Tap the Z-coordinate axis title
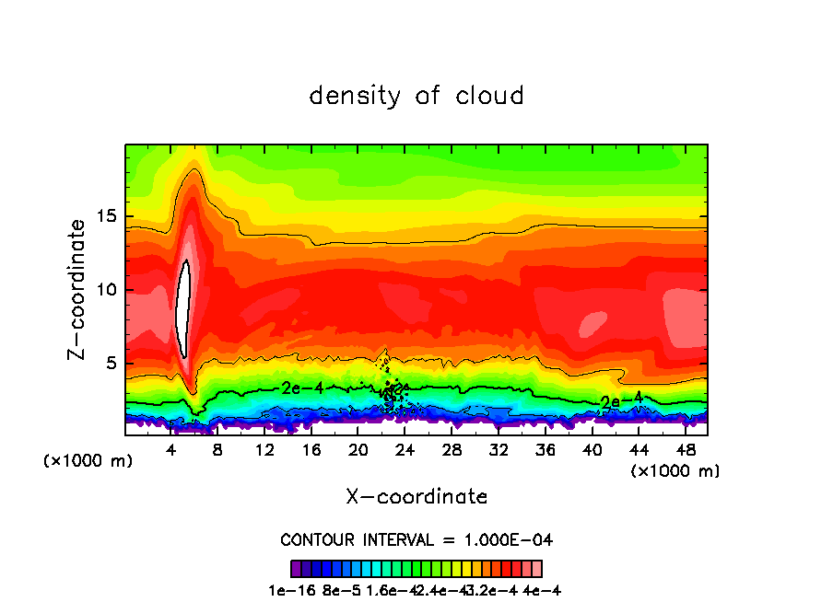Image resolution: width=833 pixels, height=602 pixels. [x=77, y=289]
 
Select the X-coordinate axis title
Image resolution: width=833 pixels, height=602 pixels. [x=416, y=497]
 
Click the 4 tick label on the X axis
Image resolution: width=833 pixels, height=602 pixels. [x=171, y=450]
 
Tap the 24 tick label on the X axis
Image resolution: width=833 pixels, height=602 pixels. [x=405, y=450]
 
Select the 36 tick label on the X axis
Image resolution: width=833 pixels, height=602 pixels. [x=545, y=450]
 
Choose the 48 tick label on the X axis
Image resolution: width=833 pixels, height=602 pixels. [x=685, y=450]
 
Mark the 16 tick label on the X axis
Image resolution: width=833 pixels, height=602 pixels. [x=311, y=450]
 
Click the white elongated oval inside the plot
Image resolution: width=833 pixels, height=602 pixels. [x=183, y=308]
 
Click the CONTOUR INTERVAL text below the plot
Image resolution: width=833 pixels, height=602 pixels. [x=416, y=539]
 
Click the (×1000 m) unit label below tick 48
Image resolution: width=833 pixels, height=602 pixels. [x=675, y=471]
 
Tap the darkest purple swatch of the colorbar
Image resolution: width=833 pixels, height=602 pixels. [x=295, y=568]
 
